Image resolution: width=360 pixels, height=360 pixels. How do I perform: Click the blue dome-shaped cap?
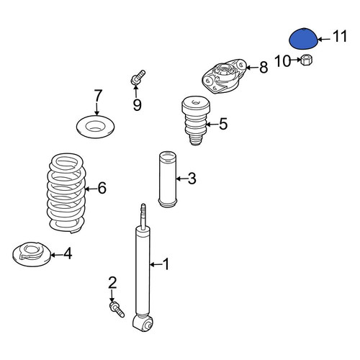coord(303,39)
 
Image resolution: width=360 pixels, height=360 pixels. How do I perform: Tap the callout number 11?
coord(340,37)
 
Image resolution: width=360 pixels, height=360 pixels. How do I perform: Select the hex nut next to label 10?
coord(307,60)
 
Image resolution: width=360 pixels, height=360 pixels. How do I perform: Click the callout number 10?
coord(283,61)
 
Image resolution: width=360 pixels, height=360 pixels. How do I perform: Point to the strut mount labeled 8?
coord(224,76)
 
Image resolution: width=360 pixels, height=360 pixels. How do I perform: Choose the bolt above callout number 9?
coord(138,77)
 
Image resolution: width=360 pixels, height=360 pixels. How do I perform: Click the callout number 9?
coord(138,104)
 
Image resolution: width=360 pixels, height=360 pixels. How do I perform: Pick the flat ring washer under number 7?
coord(95,127)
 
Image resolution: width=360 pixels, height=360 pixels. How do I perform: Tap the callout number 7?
coord(98,96)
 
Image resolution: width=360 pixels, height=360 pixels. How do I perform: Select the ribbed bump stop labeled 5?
coord(195,120)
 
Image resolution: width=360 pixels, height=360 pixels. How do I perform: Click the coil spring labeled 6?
coord(66,193)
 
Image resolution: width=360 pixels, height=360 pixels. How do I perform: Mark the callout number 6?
coord(102,188)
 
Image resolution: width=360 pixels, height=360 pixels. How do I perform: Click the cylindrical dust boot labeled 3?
coord(168,179)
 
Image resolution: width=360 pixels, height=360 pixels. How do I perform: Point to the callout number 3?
coord(192,179)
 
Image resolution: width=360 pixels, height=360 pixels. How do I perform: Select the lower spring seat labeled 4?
coord(32,254)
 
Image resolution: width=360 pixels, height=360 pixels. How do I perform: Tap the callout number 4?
coord(68,253)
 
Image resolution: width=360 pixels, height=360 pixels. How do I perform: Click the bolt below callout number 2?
coord(117,310)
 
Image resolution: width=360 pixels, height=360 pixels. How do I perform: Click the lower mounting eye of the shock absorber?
coord(143,323)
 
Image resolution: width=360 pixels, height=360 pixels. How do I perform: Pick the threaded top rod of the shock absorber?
coord(143,217)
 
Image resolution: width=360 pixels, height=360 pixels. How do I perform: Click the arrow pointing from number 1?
coord(156,264)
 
